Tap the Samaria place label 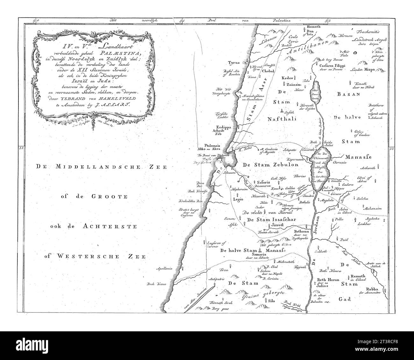coord(259,255)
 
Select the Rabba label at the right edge coord(373,290)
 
